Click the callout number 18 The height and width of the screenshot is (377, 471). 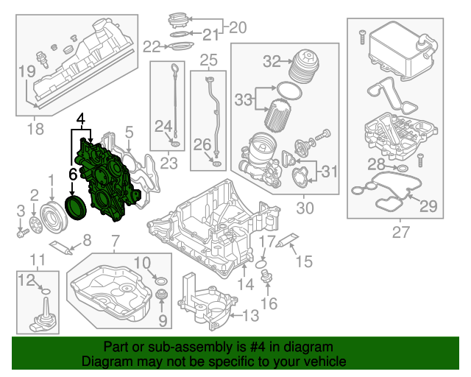pos(35,130)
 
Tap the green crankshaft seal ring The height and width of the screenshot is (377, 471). pos(75,206)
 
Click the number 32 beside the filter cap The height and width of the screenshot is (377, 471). pos(252,60)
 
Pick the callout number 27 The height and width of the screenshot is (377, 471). pos(400,233)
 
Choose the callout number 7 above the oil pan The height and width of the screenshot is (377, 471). pos(115,241)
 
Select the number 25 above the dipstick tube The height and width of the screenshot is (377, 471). pos(209,59)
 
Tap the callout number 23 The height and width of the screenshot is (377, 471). pos(169,163)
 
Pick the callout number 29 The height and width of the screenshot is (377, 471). pos(428,206)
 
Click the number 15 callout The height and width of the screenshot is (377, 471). pos(304,261)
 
